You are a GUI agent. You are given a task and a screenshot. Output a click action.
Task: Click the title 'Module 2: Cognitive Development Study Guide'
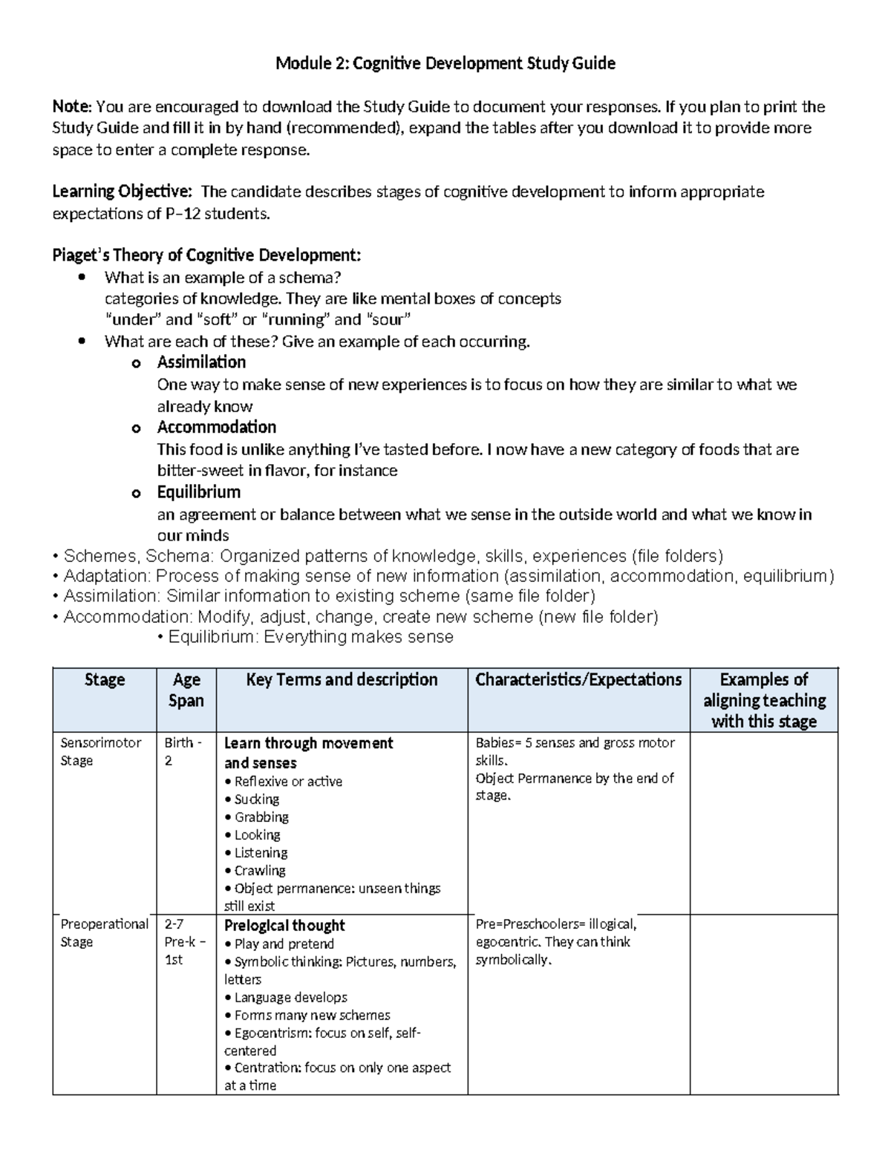(x=445, y=64)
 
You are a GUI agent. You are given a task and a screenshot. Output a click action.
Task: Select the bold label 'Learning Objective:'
(x=122, y=192)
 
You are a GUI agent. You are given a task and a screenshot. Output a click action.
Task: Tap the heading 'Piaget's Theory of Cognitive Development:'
(x=206, y=256)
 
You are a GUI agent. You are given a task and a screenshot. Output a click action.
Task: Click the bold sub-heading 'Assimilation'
(x=201, y=362)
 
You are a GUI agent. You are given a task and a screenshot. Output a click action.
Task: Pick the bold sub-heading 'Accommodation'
(x=216, y=427)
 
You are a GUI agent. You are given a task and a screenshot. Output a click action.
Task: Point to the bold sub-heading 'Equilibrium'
(x=198, y=492)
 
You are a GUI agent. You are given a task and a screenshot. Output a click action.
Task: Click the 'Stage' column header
(x=105, y=680)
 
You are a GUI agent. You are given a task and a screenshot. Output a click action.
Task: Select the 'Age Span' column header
(x=186, y=690)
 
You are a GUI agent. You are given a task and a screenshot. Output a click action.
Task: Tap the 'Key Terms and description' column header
(x=342, y=680)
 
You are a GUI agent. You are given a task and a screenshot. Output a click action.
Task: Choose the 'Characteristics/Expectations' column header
(x=578, y=680)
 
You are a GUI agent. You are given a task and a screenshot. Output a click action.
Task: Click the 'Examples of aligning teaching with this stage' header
(x=764, y=701)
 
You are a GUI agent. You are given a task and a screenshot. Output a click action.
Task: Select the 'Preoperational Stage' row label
(x=104, y=933)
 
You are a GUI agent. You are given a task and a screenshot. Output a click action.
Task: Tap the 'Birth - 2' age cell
(x=178, y=751)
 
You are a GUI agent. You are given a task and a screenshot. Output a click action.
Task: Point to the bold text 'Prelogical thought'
(x=284, y=926)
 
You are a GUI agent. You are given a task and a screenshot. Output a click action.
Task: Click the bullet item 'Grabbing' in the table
(x=261, y=817)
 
